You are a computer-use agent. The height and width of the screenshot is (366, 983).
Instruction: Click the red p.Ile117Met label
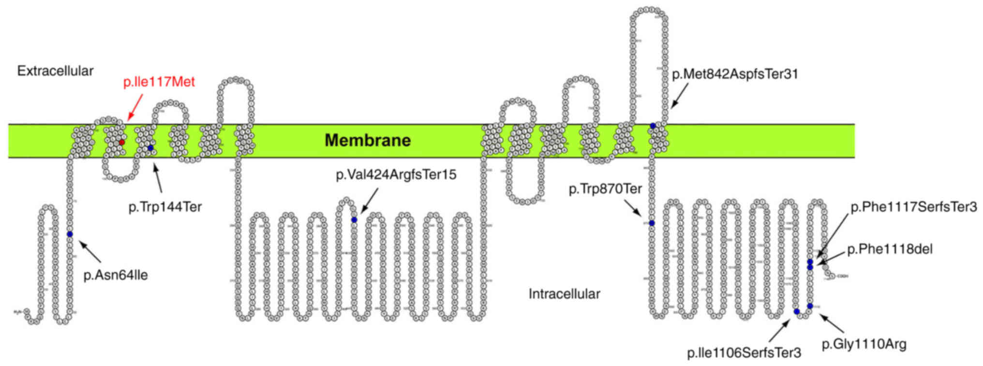click(x=159, y=82)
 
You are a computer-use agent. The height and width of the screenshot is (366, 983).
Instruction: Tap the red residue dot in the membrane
click(x=122, y=142)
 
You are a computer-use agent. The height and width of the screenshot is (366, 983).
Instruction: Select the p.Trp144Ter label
click(x=165, y=207)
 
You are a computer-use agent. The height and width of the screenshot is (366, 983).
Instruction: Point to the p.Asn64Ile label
click(x=116, y=275)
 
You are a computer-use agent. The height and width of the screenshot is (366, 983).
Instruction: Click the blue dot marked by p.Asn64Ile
click(x=70, y=234)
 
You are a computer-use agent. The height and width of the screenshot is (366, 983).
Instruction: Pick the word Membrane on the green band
click(x=367, y=140)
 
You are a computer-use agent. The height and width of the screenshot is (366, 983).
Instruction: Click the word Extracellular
click(x=55, y=71)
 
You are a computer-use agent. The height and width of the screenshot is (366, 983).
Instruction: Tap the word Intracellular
click(x=564, y=293)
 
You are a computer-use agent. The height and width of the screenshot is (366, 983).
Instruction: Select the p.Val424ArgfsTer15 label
click(x=396, y=174)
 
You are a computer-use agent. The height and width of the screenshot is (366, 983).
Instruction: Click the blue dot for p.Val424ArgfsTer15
click(x=354, y=220)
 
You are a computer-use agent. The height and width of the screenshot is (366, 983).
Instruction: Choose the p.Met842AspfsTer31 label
click(x=735, y=74)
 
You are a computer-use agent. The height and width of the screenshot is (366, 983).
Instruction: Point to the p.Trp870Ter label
click(x=605, y=189)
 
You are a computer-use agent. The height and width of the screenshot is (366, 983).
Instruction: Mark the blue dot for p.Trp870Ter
click(x=652, y=223)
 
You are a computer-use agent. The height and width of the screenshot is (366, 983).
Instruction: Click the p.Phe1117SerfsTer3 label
click(x=913, y=207)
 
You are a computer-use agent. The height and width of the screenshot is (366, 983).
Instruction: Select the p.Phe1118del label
click(x=890, y=249)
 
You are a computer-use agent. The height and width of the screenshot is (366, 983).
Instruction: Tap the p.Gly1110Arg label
click(x=864, y=344)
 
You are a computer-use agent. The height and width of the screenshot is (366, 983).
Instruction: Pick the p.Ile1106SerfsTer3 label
click(x=744, y=352)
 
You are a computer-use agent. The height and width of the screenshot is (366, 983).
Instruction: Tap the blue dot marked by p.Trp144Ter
click(x=150, y=147)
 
